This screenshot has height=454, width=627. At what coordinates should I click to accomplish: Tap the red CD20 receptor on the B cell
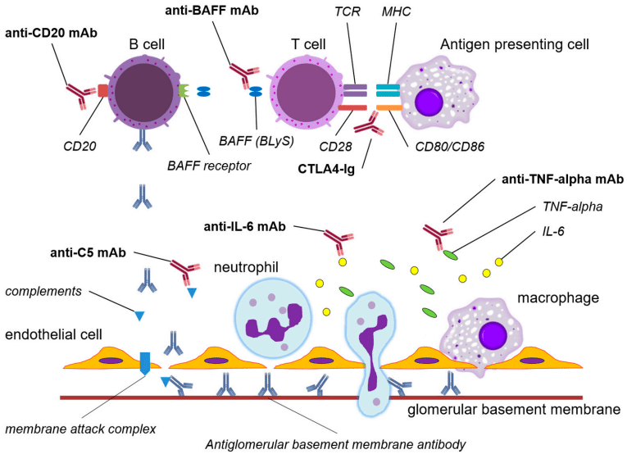click(x=102, y=89)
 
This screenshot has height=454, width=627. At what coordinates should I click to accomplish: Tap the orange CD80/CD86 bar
click(x=388, y=107)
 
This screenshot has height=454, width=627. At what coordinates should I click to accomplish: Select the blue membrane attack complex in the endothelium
click(x=145, y=361)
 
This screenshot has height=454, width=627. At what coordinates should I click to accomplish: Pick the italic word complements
click(x=43, y=291)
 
